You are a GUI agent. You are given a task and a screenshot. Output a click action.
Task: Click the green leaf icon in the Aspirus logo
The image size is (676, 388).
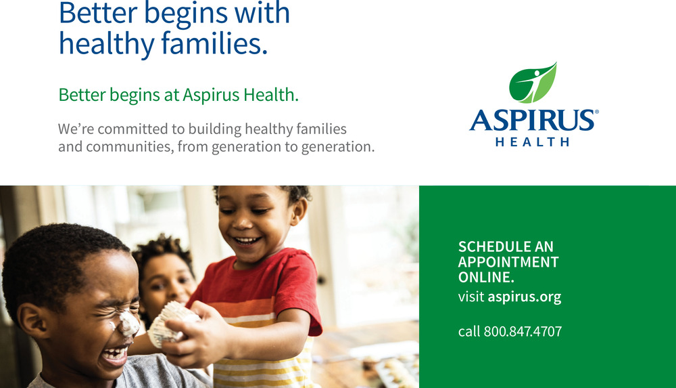(533, 83)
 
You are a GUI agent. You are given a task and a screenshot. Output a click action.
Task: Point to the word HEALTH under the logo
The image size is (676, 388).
(533, 142)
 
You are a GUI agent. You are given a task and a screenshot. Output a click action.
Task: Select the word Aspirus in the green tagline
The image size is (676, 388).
(211, 95)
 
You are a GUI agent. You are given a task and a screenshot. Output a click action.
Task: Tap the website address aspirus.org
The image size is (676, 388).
(525, 297)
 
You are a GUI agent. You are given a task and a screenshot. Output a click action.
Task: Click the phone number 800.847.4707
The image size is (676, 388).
(523, 331)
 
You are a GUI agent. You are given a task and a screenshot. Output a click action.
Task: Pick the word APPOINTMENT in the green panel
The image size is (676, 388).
(508, 262)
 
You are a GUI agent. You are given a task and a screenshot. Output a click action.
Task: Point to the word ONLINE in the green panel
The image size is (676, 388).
(486, 277)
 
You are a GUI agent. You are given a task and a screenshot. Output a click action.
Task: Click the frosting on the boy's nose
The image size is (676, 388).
(128, 323)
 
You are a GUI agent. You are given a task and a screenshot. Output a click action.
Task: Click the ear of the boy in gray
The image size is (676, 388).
(32, 320)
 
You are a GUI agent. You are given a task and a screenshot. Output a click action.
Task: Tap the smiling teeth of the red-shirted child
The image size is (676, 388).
(246, 240)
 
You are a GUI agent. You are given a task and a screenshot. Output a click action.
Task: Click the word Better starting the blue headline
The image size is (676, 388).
(98, 13)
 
